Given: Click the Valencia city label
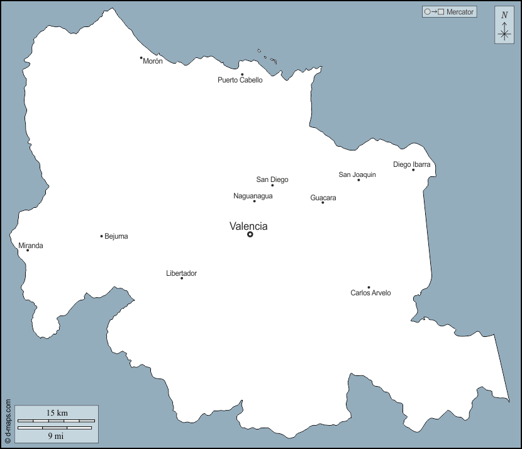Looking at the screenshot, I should [x=248, y=226].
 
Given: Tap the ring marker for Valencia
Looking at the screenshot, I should [x=250, y=234].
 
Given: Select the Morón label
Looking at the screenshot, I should [x=153, y=61].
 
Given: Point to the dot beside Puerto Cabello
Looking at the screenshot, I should [x=242, y=74].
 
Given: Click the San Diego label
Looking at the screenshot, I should [x=272, y=179].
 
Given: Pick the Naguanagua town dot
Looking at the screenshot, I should [x=254, y=201].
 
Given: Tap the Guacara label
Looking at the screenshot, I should [x=323, y=198].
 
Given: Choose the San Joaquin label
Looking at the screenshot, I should [x=357, y=174].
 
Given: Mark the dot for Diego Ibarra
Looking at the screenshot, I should [x=413, y=169].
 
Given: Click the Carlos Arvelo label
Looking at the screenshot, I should [x=370, y=293].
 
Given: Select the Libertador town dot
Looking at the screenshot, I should [x=182, y=278].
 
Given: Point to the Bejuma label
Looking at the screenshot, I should [x=116, y=236].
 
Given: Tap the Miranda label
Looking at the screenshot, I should [x=31, y=246].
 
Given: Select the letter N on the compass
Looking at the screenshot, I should [x=504, y=15].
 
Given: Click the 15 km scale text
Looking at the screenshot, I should [x=57, y=413].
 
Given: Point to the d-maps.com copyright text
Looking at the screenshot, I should [x=8, y=422].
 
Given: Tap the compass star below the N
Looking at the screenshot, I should [x=504, y=33].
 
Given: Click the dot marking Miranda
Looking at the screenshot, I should [x=28, y=251].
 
